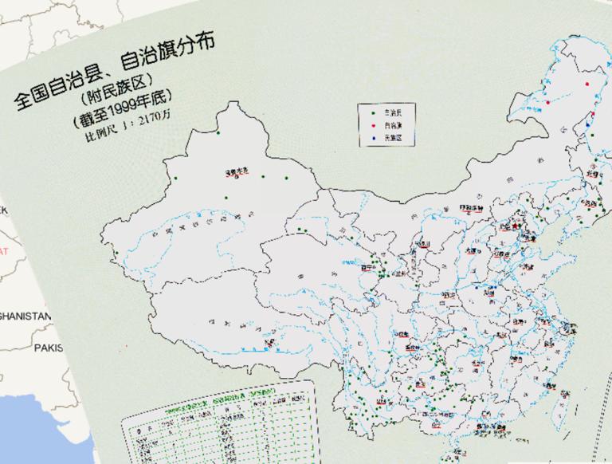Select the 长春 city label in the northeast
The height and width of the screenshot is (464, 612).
(x=591, y=172)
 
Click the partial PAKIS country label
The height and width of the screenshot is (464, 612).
(x=48, y=348)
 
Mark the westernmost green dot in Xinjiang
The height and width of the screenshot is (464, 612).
(x=116, y=254)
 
